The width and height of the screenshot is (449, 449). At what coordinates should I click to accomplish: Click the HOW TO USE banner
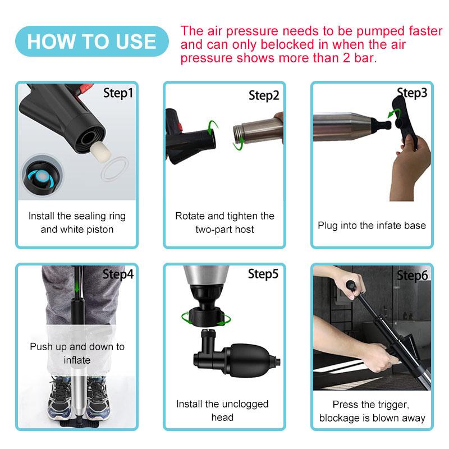(x=92, y=41)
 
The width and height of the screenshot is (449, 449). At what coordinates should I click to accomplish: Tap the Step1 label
(x=118, y=93)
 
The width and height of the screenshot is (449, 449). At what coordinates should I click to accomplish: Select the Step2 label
(x=264, y=95)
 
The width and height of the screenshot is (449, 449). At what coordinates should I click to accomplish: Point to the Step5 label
(x=263, y=274)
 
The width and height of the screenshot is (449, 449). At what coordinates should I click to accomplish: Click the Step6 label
(x=413, y=276)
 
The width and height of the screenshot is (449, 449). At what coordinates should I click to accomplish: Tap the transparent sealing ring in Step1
(x=114, y=169)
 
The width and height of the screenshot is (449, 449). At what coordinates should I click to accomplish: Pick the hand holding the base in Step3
(x=411, y=167)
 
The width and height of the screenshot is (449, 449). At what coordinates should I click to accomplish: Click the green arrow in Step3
(x=392, y=113)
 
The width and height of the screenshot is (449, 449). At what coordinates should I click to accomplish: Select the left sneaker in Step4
(x=60, y=398)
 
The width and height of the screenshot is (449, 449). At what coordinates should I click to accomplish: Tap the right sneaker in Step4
(x=98, y=398)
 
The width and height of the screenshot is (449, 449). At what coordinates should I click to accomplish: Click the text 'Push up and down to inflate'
(x=77, y=353)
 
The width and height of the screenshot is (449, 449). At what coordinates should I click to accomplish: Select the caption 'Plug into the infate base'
(x=372, y=226)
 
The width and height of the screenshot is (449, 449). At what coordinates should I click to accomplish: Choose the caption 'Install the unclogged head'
(x=222, y=410)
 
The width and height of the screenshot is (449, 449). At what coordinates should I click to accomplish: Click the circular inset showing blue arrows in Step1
(x=43, y=175)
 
